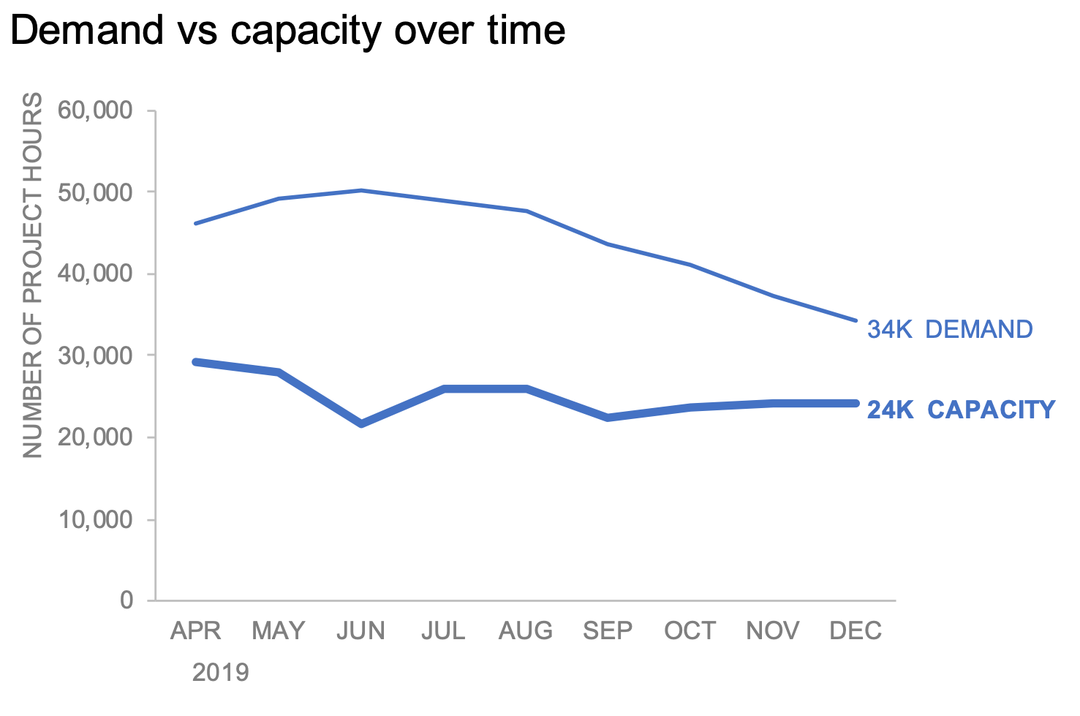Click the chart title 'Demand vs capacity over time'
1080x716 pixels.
pos(287,31)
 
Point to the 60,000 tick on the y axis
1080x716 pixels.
pos(97,110)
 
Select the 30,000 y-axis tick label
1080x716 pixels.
pos(97,355)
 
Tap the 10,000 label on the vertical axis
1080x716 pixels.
pos(97,519)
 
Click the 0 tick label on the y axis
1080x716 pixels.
pos(126,600)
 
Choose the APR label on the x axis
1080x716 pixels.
pos(195,630)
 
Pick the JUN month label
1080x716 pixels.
pos(360,630)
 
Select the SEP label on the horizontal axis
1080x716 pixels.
pos(608,630)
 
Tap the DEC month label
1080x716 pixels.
pos(856,630)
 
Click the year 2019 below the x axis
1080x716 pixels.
pos(220,672)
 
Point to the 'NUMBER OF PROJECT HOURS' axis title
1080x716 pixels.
pos(33,275)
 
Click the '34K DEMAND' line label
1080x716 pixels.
pos(949,329)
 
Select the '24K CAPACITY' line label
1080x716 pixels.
pos(961,410)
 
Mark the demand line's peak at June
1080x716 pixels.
pos(361,190)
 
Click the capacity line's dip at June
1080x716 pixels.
pos(361,423)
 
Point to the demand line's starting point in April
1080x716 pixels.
pos(195,223)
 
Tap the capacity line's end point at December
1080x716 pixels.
pos(856,403)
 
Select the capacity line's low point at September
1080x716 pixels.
pos(608,417)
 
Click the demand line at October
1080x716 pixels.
pos(690,265)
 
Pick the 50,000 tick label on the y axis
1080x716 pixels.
pos(97,192)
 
